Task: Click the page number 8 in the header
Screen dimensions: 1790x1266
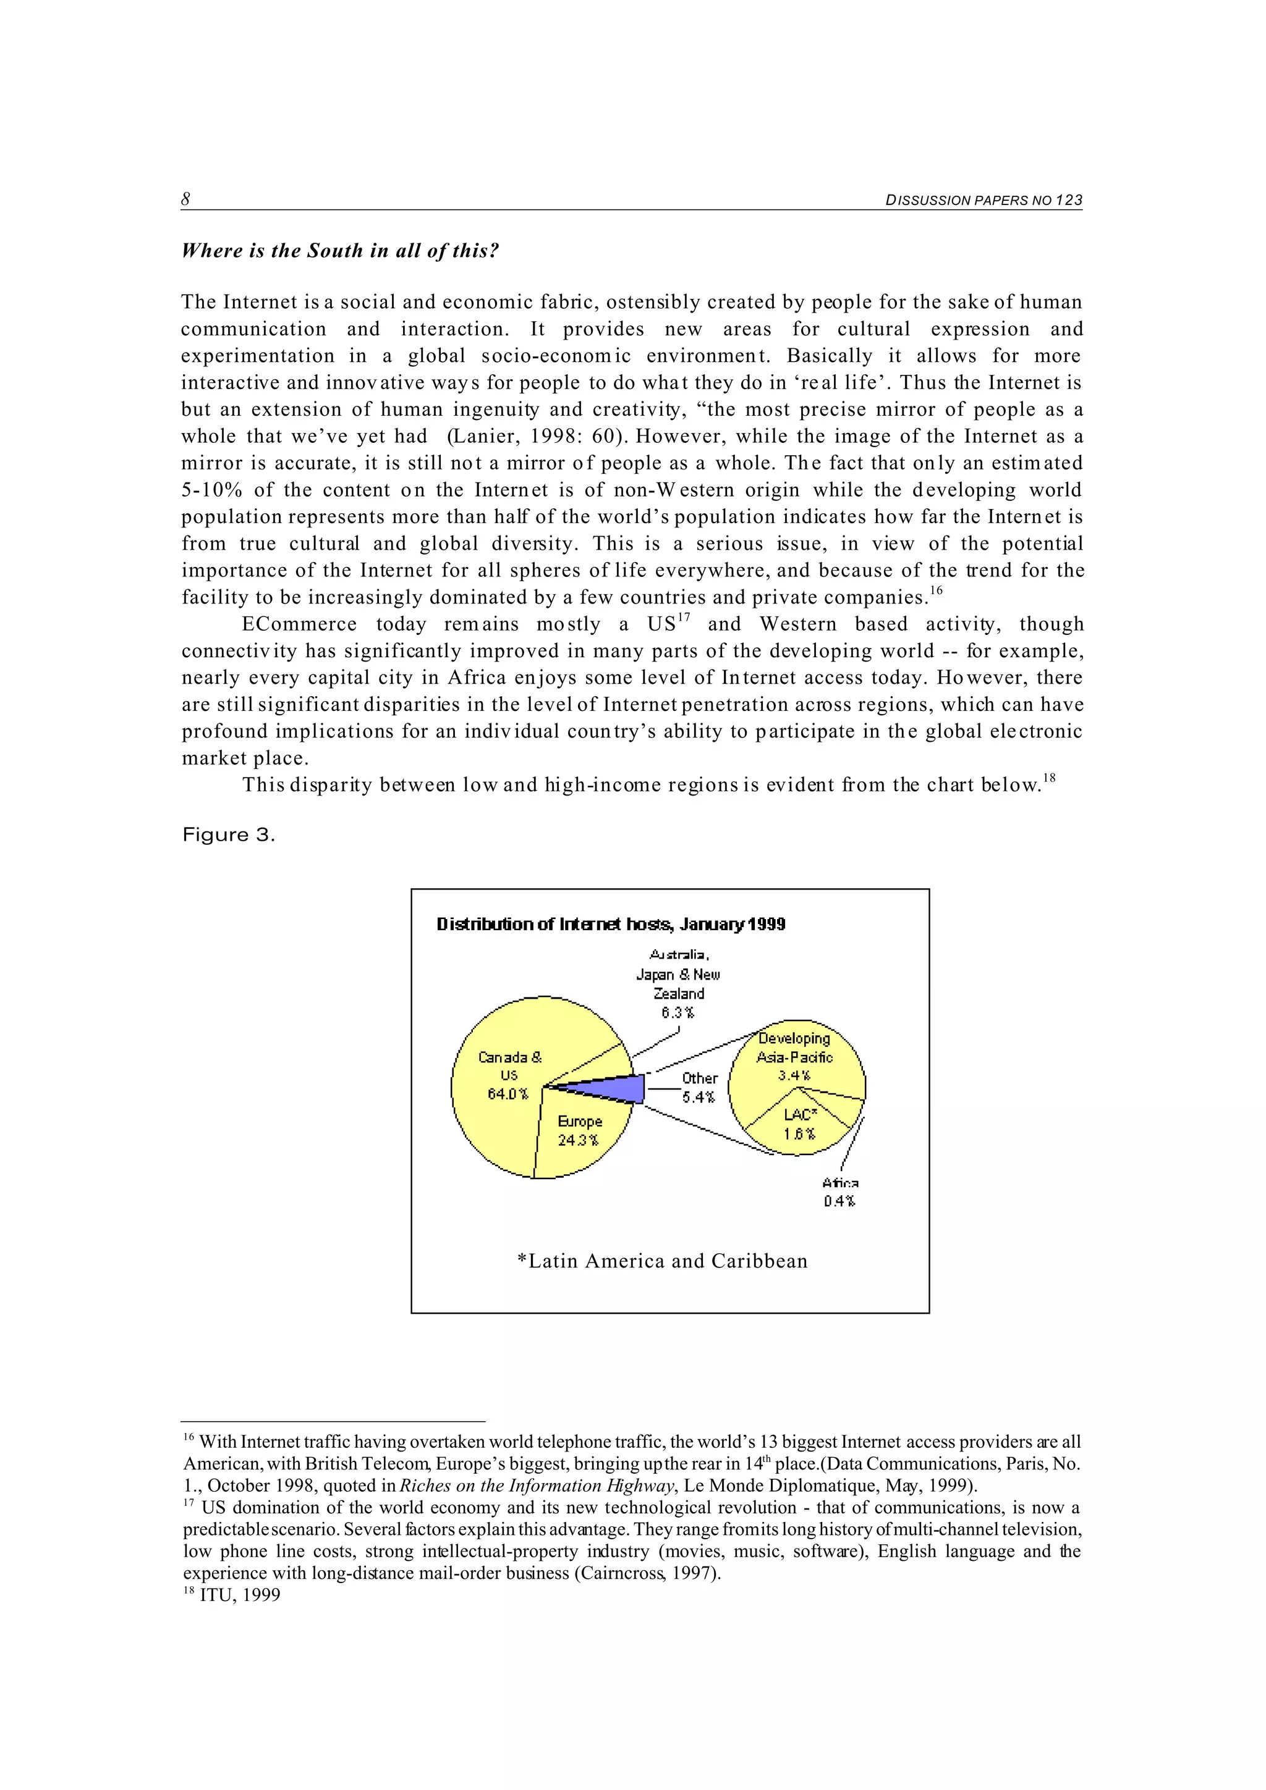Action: (x=185, y=200)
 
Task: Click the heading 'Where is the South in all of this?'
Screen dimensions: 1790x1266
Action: (x=339, y=250)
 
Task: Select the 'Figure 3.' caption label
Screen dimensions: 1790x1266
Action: (x=229, y=835)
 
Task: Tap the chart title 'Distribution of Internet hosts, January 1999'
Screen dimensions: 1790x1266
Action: (x=611, y=925)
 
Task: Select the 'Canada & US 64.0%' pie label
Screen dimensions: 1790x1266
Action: (x=509, y=1075)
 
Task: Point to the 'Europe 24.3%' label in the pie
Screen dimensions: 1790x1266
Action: (x=580, y=1130)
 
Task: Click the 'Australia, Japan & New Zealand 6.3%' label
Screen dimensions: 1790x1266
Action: (x=679, y=984)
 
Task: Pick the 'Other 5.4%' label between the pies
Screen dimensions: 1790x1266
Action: (x=699, y=1088)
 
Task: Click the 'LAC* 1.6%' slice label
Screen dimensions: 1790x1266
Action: (x=799, y=1124)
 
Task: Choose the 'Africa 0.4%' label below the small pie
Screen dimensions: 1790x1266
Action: (x=839, y=1193)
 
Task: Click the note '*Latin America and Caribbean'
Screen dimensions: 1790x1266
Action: (x=662, y=1261)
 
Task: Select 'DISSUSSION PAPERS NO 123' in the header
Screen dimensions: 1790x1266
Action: (x=983, y=200)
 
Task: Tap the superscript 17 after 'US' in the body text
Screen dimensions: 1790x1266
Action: (x=684, y=618)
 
